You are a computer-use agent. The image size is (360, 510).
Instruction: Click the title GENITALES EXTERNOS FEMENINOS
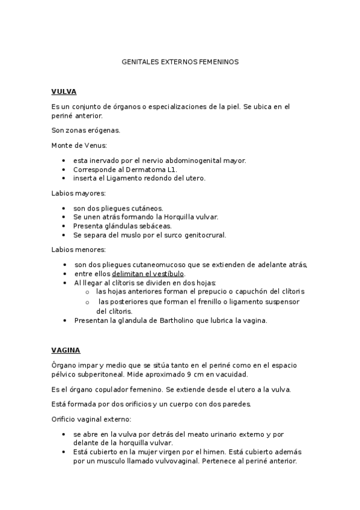[180, 62]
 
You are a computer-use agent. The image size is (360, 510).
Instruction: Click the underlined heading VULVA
[64, 92]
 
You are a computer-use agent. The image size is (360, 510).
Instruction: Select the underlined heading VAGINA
[66, 350]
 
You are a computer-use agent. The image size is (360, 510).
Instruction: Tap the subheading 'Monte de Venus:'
[79, 145]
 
